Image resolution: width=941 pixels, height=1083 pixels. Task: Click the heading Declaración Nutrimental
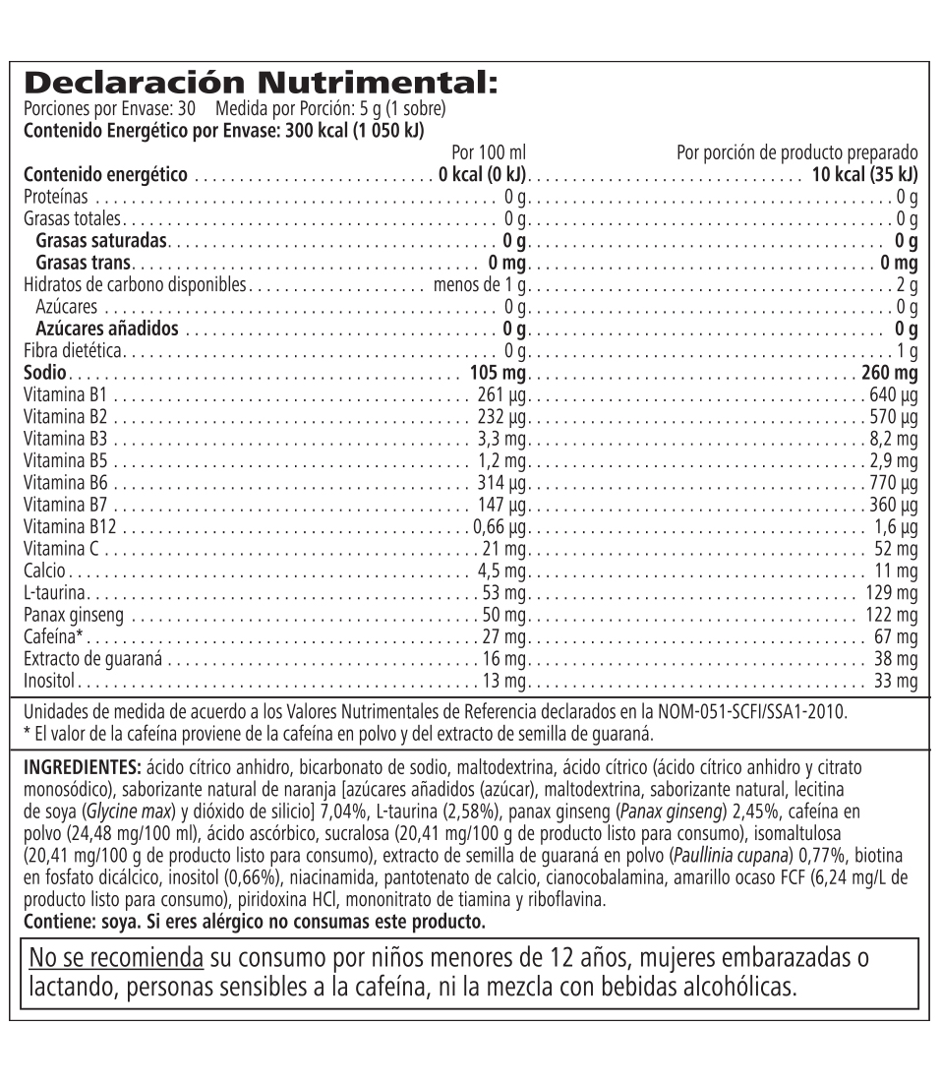point(260,83)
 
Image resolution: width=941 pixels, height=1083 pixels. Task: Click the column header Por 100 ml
point(489,152)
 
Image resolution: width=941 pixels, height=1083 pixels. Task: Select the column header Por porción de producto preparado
point(796,152)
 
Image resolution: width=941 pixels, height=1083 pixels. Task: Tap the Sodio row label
point(44,373)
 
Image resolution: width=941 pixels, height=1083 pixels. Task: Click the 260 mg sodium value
point(888,373)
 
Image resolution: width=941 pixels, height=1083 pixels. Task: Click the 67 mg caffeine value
point(895,636)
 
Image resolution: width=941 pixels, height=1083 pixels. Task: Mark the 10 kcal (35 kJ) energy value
point(863,175)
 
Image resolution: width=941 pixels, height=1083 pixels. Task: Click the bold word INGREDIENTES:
point(84,766)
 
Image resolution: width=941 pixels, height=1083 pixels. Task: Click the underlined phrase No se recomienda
point(116,957)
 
